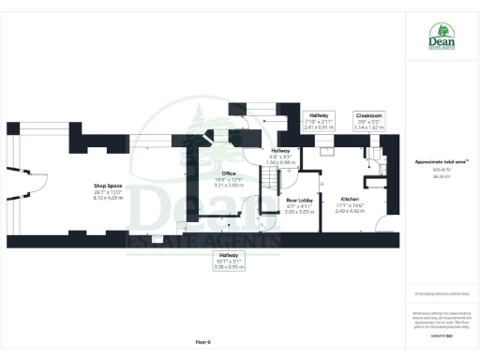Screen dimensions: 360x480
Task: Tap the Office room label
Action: pos(228,172)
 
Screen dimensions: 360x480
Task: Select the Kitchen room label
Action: pos(351,199)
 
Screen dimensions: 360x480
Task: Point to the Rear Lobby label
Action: pos(298,200)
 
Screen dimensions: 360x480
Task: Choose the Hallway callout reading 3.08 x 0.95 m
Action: pos(229,260)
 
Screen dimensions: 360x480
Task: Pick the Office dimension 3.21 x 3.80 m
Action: pos(228,186)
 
